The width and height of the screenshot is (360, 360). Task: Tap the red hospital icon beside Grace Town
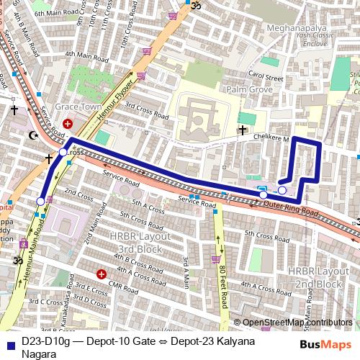pyautogui.click(x=68, y=124)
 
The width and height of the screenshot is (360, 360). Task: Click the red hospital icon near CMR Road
pyautogui.click(x=102, y=274)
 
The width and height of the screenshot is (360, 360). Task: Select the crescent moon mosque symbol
pyautogui.click(x=31, y=135)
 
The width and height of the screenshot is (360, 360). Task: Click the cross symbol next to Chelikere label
pyautogui.click(x=243, y=130)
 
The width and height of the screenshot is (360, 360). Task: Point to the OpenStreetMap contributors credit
pyautogui.click(x=297, y=323)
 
